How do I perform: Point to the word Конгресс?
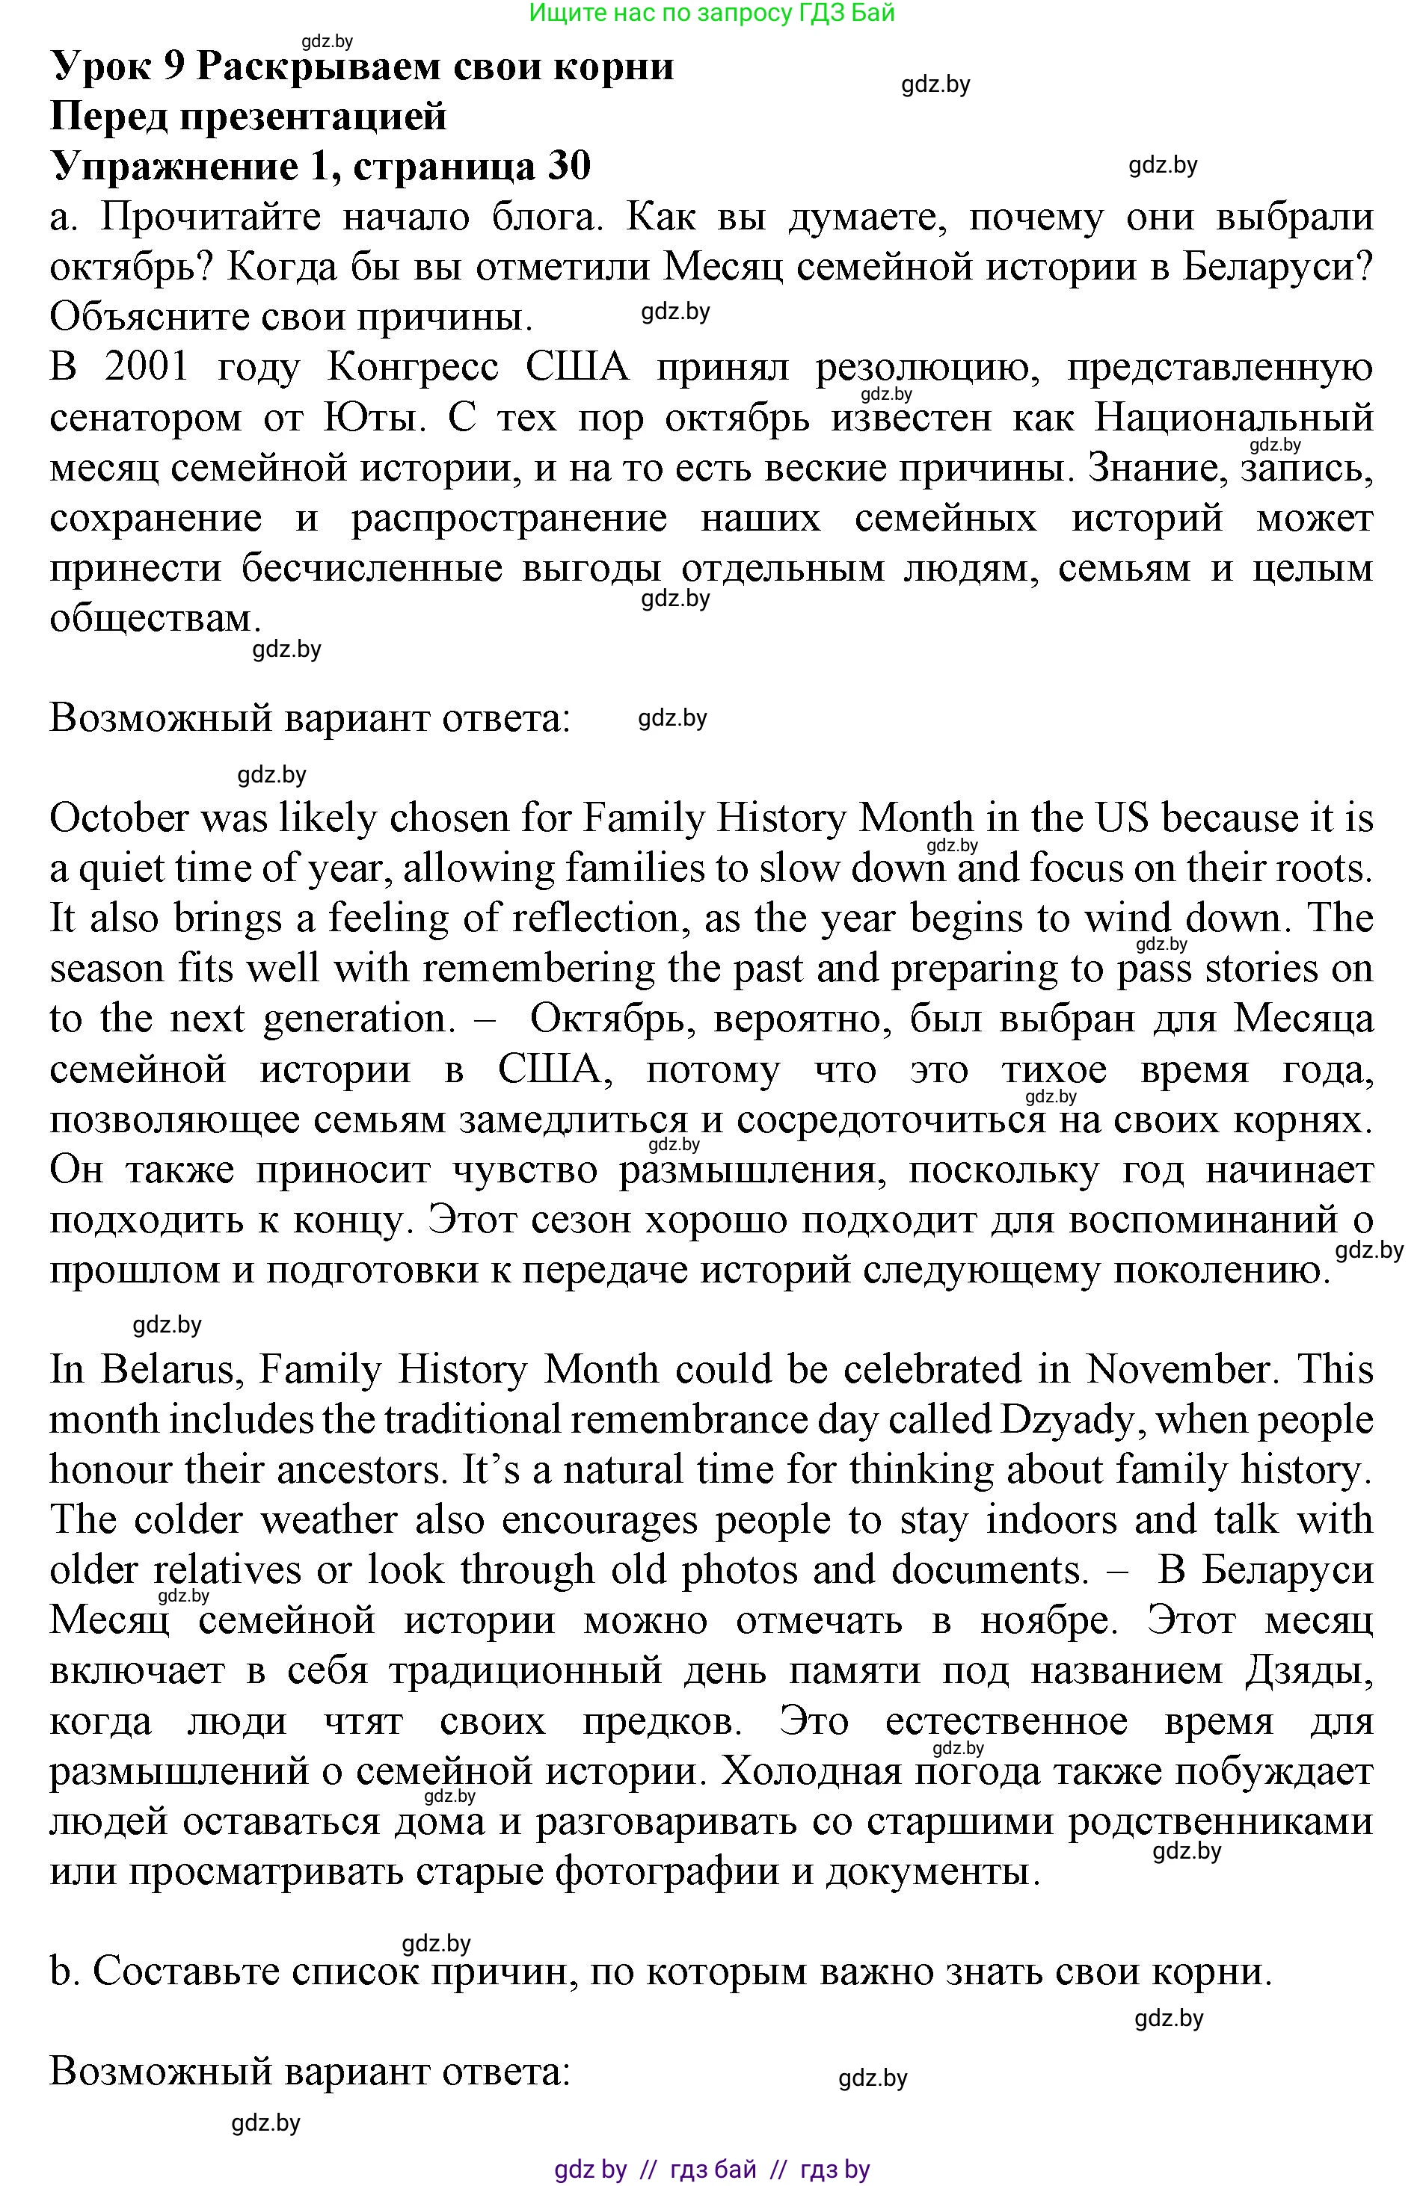point(413,368)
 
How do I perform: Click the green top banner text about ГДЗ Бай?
point(712,13)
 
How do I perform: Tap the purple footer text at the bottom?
point(712,2170)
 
